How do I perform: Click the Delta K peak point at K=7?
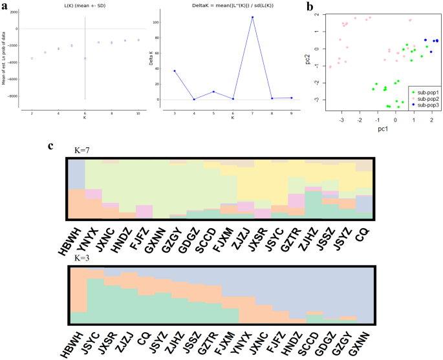click(x=252, y=17)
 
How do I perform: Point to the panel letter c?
click(x=51, y=145)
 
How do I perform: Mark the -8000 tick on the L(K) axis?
click(x=12, y=96)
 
